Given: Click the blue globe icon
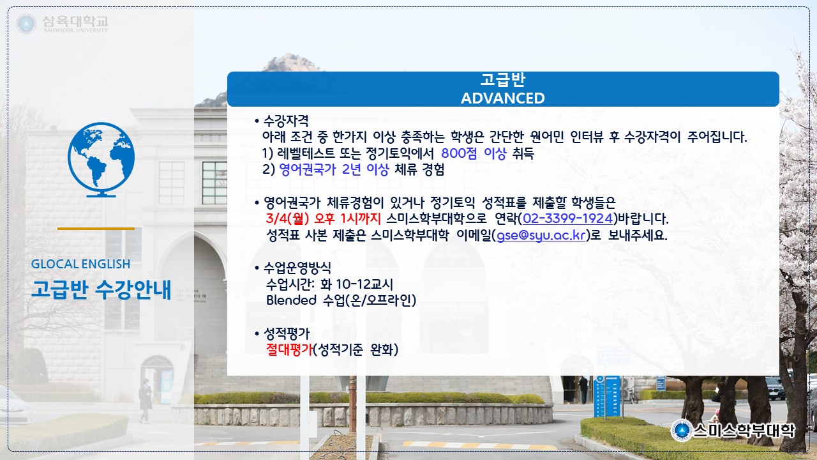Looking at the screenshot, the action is [101, 160].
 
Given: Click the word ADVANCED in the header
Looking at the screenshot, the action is [502, 98].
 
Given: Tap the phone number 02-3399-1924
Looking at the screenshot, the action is [567, 218].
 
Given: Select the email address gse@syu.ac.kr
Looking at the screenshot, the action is [541, 235].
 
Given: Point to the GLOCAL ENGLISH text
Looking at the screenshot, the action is [80, 264].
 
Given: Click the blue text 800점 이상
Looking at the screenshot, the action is [474, 153].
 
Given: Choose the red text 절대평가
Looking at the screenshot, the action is [289, 349].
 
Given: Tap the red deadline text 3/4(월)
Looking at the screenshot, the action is [287, 218].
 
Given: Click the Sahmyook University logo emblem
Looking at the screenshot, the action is [26, 24].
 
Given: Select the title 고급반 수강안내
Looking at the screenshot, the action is [101, 290].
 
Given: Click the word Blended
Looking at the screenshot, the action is [291, 300].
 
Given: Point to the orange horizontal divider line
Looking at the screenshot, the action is [96, 229].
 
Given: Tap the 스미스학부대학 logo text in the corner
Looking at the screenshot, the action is [744, 431].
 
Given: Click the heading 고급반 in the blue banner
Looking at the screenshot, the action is [502, 80].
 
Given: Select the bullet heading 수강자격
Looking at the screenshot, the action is [286, 121].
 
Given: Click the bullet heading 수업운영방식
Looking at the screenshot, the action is [297, 268].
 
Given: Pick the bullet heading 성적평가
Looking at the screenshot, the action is [287, 333].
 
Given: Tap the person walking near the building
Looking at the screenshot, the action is [145, 401].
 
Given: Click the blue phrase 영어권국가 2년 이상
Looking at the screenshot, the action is [334, 169].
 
